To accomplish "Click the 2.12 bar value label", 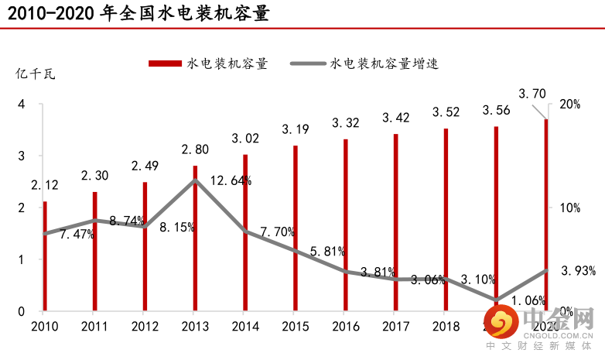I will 45,186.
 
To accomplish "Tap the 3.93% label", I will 578,270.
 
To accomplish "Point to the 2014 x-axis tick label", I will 245,326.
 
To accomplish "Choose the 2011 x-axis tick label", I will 94,326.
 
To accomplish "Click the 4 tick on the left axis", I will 22,105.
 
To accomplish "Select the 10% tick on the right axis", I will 570,207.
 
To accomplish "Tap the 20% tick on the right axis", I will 570,105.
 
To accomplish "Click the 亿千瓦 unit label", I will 36,74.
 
